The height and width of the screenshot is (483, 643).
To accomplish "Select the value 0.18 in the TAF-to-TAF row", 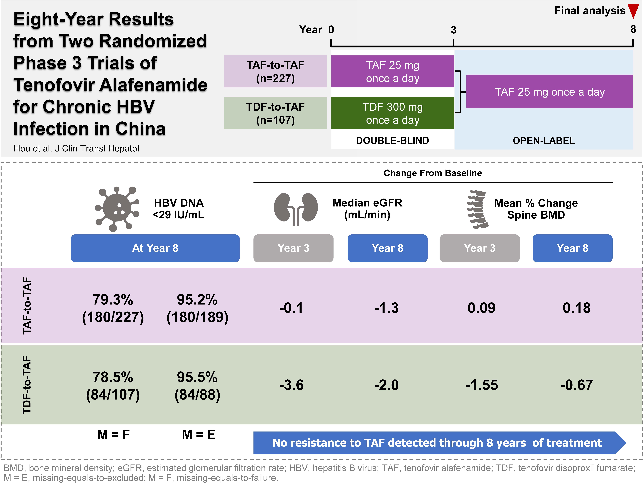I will point(576,308).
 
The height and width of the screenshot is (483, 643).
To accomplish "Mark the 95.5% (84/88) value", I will point(197,386).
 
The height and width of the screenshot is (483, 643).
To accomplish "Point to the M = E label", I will point(198,435).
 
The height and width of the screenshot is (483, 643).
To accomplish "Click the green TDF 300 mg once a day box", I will point(392,113).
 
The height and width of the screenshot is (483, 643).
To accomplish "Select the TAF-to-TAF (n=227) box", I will point(275,71).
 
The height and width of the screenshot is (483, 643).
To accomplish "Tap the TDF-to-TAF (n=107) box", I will point(275,113).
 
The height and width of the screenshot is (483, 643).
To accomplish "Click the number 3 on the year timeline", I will point(453,30).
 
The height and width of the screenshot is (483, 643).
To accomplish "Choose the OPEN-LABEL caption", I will point(544,141).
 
